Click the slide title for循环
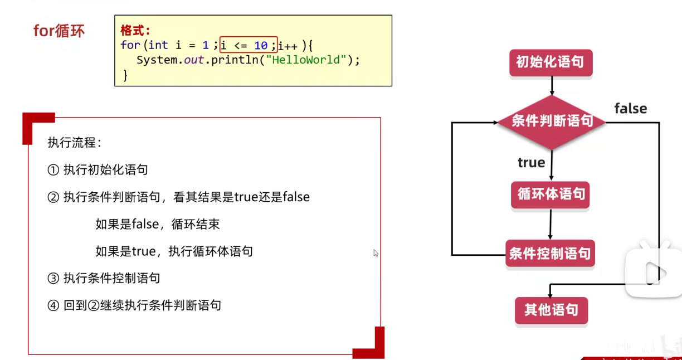59,31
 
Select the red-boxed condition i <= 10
248,45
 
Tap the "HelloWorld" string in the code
306,60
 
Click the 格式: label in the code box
135,31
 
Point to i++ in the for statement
289,46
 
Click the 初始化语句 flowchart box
551,62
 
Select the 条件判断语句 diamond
551,121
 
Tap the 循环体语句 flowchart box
551,194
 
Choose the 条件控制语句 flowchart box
550,254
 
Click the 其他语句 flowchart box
551,310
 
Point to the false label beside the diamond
630,109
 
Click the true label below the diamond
531,163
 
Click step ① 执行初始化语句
98,170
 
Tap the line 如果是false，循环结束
157,224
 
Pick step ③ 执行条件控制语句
104,278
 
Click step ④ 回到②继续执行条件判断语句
134,305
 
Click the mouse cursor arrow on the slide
376,253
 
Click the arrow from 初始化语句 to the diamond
551,85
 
